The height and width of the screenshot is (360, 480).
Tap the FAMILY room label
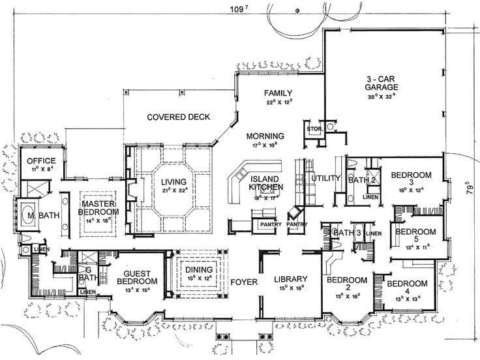click(278, 93)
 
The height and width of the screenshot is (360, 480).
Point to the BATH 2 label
click(363, 179)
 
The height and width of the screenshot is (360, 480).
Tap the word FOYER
click(244, 282)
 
